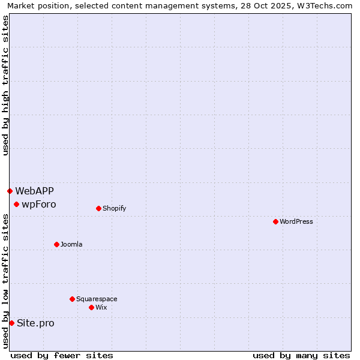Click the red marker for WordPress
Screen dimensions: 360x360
275,221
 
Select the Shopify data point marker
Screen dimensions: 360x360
98,208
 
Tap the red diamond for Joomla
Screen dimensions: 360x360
56,244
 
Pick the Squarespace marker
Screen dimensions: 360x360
72,299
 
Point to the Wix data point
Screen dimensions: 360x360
91,307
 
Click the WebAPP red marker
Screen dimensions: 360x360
10,191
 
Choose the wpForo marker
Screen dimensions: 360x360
16,204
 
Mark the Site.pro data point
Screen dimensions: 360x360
11,323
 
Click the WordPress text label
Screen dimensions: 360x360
296,221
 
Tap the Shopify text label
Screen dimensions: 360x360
114,208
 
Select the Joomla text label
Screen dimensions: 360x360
71,244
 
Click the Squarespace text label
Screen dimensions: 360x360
97,299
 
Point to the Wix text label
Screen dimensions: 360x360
101,307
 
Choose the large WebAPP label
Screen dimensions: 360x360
34,191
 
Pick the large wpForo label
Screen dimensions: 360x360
39,204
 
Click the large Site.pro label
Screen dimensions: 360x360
35,323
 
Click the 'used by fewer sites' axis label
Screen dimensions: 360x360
62,355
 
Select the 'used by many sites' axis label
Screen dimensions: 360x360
301,355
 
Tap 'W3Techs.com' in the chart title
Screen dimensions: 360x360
326,5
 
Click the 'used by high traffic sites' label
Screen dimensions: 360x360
5,86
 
